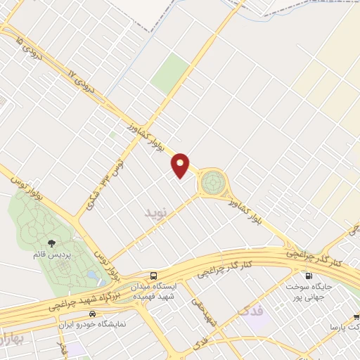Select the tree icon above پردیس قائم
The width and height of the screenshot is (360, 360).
pyautogui.click(x=52, y=243)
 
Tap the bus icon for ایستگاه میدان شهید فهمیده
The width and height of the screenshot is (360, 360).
pyautogui.click(x=153, y=275)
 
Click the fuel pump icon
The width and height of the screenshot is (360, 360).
pyautogui.click(x=308, y=276)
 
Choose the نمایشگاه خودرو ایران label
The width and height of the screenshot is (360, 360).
pyautogui.click(x=95, y=324)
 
